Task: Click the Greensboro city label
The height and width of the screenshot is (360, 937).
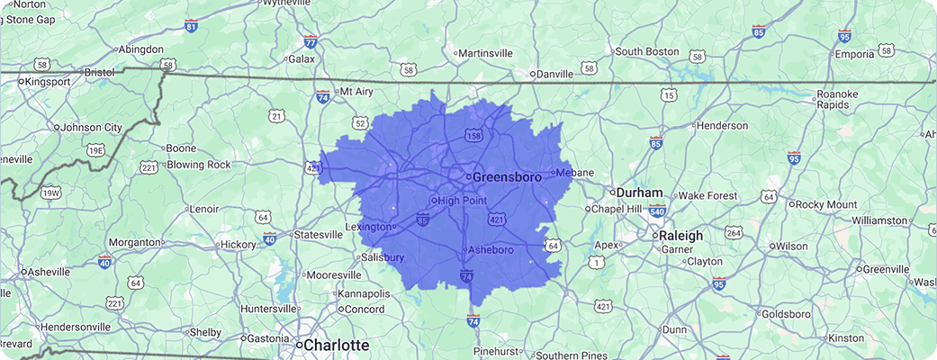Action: (507, 177)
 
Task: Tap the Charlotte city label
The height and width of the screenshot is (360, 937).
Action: (337, 345)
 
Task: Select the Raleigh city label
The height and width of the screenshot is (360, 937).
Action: (680, 235)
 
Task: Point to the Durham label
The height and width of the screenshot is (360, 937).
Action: (640, 193)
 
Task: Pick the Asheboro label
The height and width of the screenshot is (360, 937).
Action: (491, 249)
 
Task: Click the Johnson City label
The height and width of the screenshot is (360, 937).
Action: (92, 128)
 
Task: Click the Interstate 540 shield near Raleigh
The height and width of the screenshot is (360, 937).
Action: (657, 211)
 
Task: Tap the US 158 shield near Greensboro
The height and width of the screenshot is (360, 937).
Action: (473, 136)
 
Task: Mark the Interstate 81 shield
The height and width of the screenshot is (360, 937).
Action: (191, 27)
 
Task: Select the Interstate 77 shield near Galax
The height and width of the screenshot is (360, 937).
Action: (311, 41)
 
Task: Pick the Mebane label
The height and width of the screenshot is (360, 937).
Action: (576, 172)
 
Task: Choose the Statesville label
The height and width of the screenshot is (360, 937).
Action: (319, 235)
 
